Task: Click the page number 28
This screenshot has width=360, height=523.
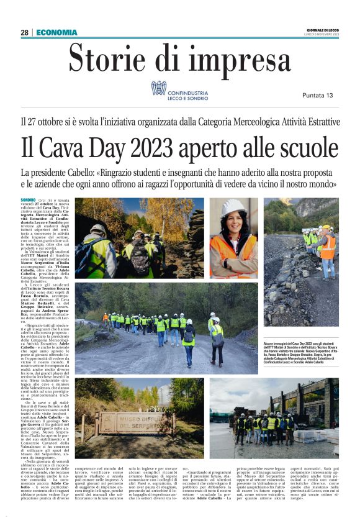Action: click(24, 32)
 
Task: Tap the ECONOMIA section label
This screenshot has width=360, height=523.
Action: click(57, 32)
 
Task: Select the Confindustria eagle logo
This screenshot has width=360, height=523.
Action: click(158, 88)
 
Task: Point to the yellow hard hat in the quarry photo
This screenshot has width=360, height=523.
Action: click(326, 227)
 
